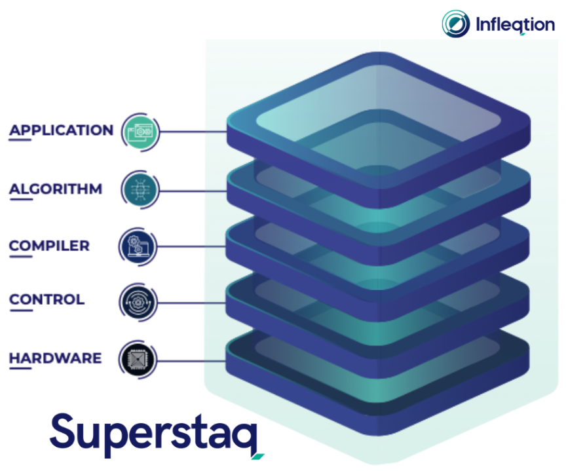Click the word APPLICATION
coord(61,130)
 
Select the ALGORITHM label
coord(56,189)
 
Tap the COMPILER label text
coord(49,246)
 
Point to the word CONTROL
coord(47,299)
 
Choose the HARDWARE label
coord(56,358)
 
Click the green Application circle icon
coord(141,132)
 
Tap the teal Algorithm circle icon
coord(140,190)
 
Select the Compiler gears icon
coord(138,247)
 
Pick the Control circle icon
coord(138,303)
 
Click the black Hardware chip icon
coord(138,360)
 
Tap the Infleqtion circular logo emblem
coord(456,24)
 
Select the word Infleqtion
coord(515,25)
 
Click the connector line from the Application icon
coord(193,132)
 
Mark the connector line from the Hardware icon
coord(192,361)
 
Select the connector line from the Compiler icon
coord(192,246)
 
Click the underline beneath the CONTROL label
coord(21,311)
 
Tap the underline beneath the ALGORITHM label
coord(21,199)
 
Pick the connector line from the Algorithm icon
coord(193,191)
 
